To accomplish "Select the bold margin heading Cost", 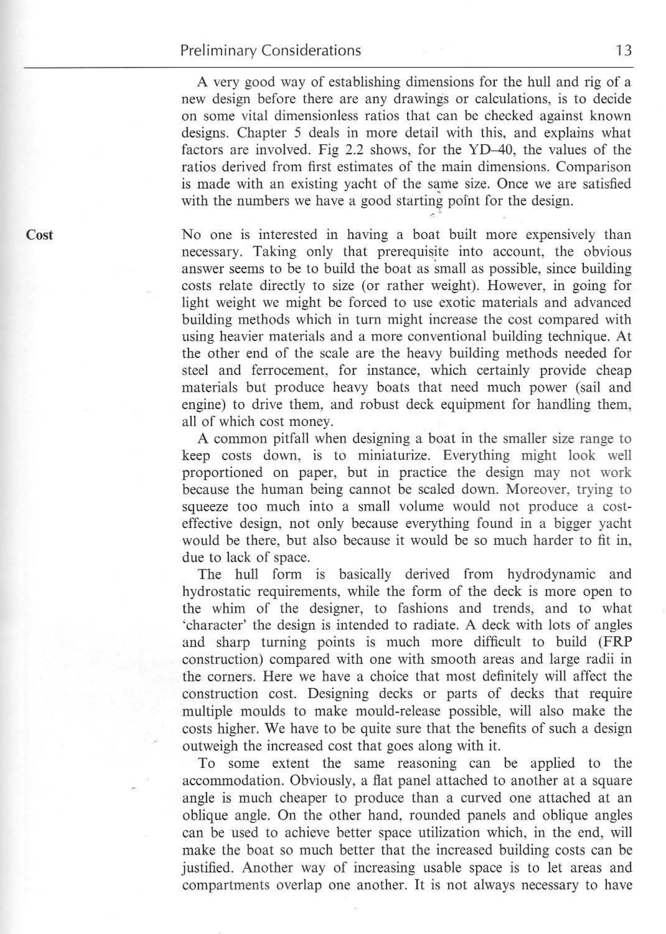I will tap(39, 235).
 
